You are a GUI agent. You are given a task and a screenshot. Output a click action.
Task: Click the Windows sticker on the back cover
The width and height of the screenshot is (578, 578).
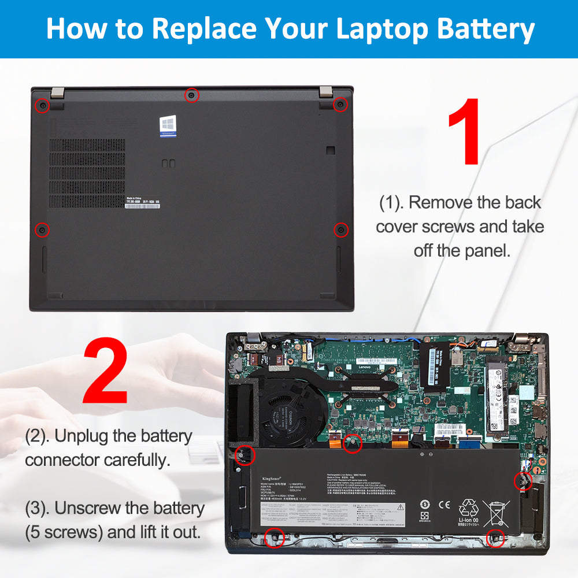pyautogui.click(x=168, y=126)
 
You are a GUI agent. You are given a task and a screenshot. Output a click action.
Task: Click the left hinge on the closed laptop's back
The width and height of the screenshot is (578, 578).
pyautogui.click(x=56, y=92)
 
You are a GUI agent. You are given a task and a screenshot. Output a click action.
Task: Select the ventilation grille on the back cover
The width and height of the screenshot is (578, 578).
pyautogui.click(x=87, y=173)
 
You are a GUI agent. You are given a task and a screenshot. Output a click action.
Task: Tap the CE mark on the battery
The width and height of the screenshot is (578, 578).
pyautogui.click(x=444, y=504)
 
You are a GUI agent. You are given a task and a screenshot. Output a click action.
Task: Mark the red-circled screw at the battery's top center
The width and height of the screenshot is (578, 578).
pyautogui.click(x=352, y=443)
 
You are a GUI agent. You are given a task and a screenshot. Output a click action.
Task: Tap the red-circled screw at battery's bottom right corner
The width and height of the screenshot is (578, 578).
pyautogui.click(x=495, y=538)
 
